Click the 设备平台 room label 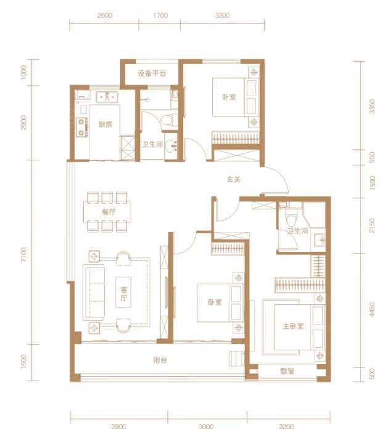[x=152, y=73]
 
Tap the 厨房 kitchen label [x=105, y=125]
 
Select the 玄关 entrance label [x=234, y=179]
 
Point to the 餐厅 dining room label [x=109, y=212]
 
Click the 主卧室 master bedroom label [x=293, y=326]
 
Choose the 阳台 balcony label [x=160, y=360]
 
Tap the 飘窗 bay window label [x=287, y=371]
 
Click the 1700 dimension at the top [x=160, y=15]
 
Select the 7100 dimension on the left [x=23, y=255]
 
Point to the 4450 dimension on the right [x=372, y=310]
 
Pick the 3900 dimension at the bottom [x=118, y=427]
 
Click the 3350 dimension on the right [x=372, y=106]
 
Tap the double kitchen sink [x=107, y=97]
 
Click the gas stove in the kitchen [x=81, y=127]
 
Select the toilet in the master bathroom [x=291, y=218]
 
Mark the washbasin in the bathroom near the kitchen [x=171, y=147]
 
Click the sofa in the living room [x=94, y=292]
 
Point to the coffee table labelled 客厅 [x=123, y=292]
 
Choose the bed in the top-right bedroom [x=236, y=97]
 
